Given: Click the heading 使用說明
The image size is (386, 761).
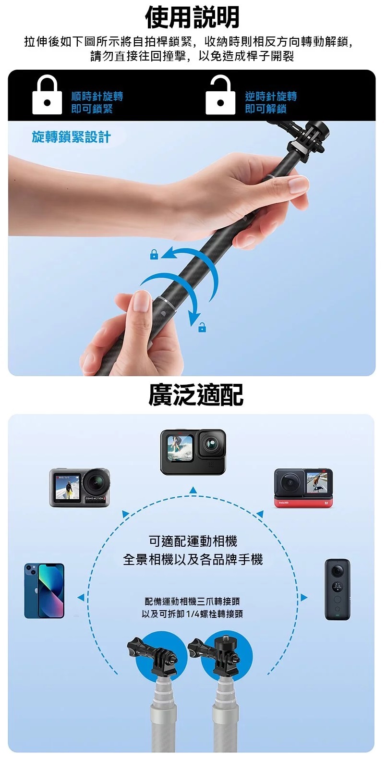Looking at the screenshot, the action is tap(192, 17).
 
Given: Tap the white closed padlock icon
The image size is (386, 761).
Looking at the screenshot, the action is tap(47, 95).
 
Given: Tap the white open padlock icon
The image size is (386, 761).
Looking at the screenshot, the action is tap(220, 95).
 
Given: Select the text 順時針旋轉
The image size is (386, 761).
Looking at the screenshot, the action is tap(97, 97).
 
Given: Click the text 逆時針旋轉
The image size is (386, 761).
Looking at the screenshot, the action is tap(271, 97).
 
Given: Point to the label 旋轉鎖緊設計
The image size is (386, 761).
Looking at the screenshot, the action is tap(71, 137).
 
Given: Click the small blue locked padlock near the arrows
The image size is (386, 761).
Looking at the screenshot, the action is tap(154, 254).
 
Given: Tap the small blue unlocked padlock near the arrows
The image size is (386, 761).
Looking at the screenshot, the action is tap(202, 327).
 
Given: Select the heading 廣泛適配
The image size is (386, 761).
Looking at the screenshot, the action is tap(196, 395).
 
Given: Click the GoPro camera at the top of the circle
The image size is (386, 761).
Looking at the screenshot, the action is tap(193, 452).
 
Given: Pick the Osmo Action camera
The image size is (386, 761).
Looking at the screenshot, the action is tap(79, 488).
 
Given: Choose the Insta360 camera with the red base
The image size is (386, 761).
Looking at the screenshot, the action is tap(303, 488).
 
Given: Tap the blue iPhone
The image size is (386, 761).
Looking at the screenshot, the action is tap(44, 590).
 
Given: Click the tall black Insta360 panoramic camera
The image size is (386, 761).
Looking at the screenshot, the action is tap(337, 589).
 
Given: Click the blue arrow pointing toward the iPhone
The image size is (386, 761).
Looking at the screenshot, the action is tap(81, 597).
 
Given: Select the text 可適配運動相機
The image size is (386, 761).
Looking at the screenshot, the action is tap(193, 541).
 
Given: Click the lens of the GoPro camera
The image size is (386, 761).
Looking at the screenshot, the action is tap(212, 443).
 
